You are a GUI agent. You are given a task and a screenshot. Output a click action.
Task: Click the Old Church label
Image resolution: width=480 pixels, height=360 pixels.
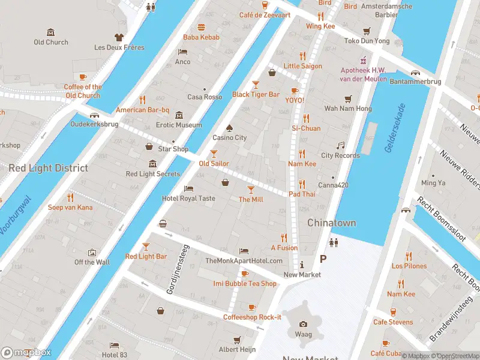pos(51,42)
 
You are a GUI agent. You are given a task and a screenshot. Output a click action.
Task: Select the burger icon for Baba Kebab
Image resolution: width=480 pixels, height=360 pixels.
pos(201,27)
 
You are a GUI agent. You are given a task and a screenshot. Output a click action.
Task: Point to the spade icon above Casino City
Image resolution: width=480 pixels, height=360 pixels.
pos(229,128)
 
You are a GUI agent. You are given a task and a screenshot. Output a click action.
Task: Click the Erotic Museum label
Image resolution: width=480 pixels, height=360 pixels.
pos(179,125)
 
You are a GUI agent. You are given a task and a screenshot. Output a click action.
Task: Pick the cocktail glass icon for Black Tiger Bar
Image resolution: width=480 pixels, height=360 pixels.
pos(256,85)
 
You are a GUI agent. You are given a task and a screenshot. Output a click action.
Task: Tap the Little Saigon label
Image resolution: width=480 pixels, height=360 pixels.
pos(302,66)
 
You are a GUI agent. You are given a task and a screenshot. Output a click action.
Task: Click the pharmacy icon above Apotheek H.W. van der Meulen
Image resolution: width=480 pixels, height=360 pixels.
pos(362,61)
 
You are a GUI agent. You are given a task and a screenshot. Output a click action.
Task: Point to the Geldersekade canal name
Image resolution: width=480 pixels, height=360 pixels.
pos(395,128)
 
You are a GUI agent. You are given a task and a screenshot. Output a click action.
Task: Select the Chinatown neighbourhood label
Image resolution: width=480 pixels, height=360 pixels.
pos(331,223)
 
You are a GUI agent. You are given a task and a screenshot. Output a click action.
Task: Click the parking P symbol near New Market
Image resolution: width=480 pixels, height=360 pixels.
pos(323,259)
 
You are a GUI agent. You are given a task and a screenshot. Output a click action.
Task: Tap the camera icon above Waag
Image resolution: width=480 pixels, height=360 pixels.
pos(303,324)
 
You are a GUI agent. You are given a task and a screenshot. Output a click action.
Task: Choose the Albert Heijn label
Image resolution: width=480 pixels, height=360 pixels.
pos(237,349)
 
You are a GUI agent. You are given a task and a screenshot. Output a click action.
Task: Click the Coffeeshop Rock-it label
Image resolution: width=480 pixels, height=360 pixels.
pos(252,317)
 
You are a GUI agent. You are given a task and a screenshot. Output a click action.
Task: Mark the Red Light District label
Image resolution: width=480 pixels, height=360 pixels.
pos(48,168)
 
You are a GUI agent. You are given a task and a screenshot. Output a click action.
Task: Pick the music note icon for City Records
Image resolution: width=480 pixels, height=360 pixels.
pos(340,146)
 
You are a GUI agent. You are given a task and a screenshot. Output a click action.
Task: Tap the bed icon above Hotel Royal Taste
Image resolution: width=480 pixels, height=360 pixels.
pos(188,188)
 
